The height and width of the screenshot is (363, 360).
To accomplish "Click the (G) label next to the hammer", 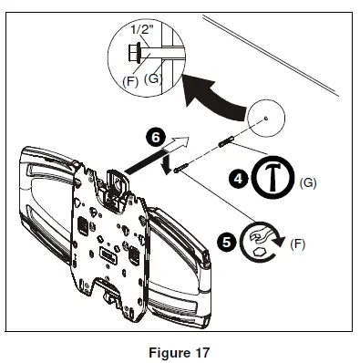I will click(x=307, y=183).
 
